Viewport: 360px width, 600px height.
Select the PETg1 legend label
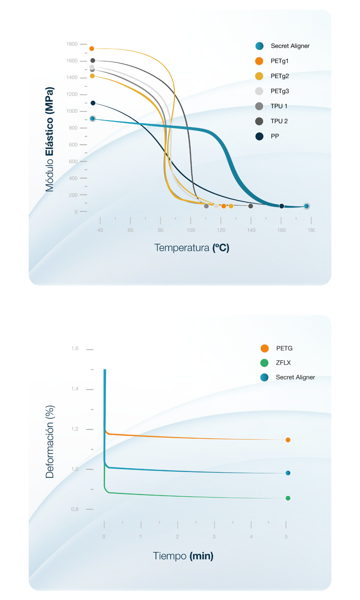(x=279, y=61)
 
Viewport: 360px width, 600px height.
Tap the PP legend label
(x=275, y=136)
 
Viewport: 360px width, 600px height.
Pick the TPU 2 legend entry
(x=279, y=121)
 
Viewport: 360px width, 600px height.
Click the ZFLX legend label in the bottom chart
(x=283, y=363)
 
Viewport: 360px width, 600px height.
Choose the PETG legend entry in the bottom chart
(x=284, y=348)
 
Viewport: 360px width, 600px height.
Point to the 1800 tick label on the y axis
(x=72, y=44)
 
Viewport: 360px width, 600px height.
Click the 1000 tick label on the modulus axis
(x=72, y=111)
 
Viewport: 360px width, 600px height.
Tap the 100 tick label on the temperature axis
(x=191, y=230)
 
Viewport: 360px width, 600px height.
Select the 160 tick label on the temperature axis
(x=281, y=230)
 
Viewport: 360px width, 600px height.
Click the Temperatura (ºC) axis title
(x=192, y=248)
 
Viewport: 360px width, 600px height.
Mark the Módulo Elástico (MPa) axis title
(x=49, y=139)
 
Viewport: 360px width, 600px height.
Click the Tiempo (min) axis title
(x=183, y=556)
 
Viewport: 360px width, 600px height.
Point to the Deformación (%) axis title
(x=50, y=442)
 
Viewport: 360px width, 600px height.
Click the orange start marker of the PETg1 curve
(x=92, y=49)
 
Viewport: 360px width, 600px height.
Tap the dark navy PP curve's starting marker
(x=93, y=103)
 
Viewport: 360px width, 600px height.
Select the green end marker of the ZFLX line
(x=288, y=498)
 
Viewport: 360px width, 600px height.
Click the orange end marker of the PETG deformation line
(x=288, y=440)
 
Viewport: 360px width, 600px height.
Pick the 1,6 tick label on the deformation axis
(x=75, y=348)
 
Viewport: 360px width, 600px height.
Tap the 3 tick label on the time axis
(x=214, y=537)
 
